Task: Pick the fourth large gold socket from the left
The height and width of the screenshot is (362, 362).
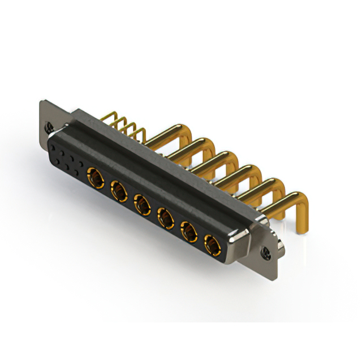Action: pos(165,216)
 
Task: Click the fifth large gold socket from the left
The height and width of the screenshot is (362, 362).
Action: pos(189,230)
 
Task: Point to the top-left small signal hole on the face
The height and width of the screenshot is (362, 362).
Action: pos(54,146)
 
